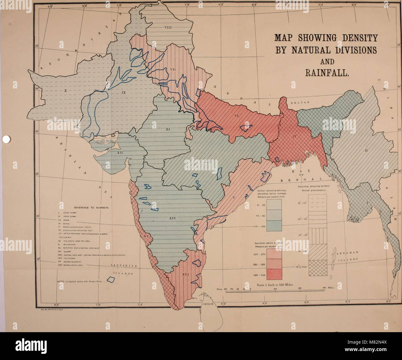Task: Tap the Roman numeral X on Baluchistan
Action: coord(66,91)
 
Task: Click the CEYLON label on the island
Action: coord(208,304)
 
